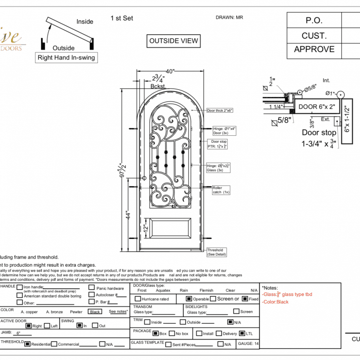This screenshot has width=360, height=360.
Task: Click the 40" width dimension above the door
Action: tap(169, 72)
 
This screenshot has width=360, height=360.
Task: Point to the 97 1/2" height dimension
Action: tap(122, 170)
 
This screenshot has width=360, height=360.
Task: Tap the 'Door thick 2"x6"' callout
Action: tap(220, 110)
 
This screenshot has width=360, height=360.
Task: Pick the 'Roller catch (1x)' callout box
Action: tap(221, 190)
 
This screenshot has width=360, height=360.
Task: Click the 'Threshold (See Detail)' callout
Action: tap(217, 252)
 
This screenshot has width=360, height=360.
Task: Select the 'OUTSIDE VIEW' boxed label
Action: tap(174, 41)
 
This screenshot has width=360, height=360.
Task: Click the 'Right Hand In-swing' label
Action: tap(66, 58)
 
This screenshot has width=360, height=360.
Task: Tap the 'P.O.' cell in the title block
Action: tap(314, 21)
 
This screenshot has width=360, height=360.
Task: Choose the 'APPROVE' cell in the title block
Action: tap(314, 49)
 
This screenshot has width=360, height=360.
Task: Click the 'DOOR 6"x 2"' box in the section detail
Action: tap(317, 107)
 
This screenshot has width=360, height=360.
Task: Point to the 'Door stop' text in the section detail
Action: tap(319, 133)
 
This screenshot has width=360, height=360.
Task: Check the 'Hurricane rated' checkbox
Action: tap(138, 299)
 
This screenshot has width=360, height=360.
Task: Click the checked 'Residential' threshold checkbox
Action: tap(28, 344)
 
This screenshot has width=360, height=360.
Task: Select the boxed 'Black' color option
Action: tap(95, 312)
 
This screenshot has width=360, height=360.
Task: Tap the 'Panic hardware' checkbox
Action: tap(91, 288)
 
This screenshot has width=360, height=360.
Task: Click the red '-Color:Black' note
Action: tap(275, 302)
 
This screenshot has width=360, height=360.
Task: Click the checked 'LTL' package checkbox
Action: tap(242, 333)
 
